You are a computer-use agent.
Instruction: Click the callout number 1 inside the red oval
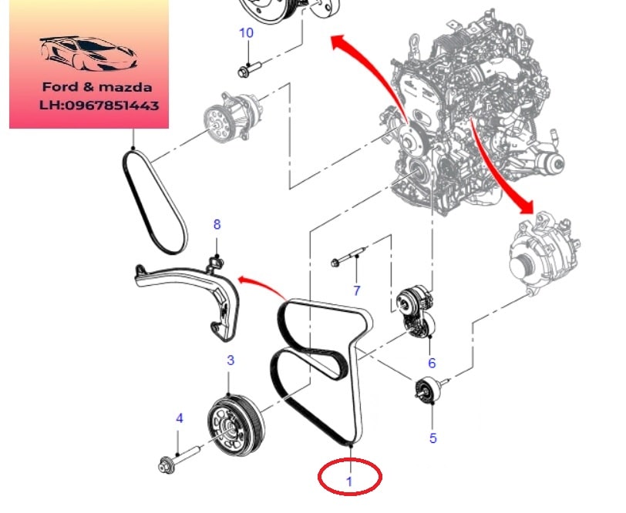[349, 481]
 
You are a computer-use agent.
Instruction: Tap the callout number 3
[231, 360]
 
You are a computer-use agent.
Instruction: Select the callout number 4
[180, 418]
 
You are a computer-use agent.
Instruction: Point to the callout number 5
[433, 438]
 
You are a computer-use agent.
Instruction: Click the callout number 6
[432, 363]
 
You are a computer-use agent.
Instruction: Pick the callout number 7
[356, 290]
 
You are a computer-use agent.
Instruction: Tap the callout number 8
[217, 224]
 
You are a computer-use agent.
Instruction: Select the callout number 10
[247, 32]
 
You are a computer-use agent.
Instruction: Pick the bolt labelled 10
[249, 69]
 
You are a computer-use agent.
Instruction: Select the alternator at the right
[544, 253]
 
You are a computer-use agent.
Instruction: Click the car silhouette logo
[89, 54]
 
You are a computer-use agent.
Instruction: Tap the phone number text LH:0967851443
[99, 106]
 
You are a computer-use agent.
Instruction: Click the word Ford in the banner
[59, 87]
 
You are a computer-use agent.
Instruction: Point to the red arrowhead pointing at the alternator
[525, 206]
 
